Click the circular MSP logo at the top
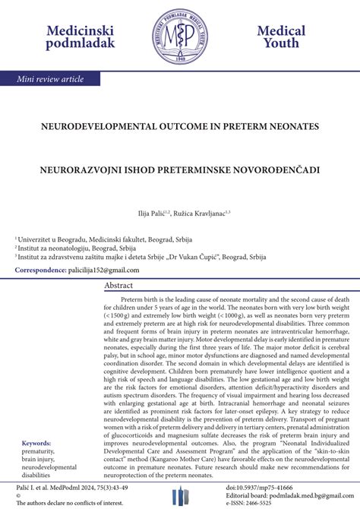tap(181, 36)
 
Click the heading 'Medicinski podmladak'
tap(81, 36)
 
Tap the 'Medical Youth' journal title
tap(280, 36)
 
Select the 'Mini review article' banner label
tap(52, 79)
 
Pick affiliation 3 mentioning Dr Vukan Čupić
tap(141, 257)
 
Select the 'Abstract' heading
tap(119, 285)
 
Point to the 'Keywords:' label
tap(36, 443)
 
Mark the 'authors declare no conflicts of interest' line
tap(71, 503)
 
